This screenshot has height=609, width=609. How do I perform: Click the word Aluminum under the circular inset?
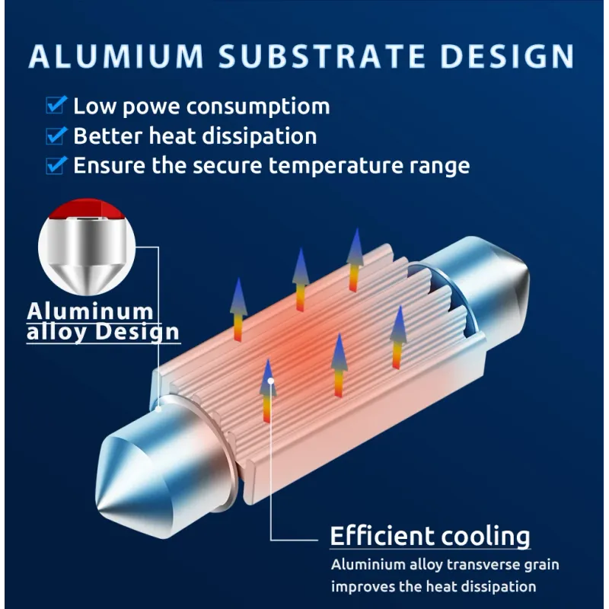(x=91, y=311)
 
